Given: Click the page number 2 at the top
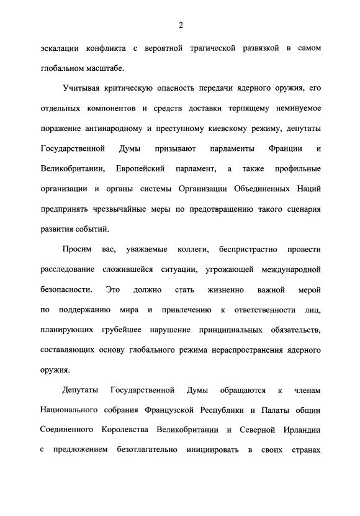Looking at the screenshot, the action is click(x=179, y=25).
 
